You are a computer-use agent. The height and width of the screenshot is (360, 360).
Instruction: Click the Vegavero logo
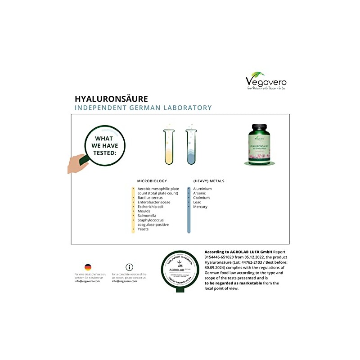click(x=265, y=81)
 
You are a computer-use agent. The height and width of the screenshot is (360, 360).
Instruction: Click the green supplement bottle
click(x=261, y=144)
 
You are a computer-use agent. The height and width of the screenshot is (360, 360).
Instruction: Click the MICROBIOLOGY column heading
click(x=152, y=181)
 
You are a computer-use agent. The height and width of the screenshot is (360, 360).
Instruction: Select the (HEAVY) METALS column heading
click(x=208, y=181)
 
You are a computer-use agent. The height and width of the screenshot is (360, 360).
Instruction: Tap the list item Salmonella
click(x=147, y=216)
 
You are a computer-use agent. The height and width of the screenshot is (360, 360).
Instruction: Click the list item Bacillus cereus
click(x=150, y=198)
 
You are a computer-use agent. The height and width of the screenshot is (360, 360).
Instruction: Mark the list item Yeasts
click(x=143, y=229)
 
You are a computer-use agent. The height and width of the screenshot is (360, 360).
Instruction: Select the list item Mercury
click(x=200, y=207)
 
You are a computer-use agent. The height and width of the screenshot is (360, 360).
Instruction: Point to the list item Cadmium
click(x=201, y=198)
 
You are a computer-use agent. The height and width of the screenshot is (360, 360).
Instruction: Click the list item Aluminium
click(x=202, y=189)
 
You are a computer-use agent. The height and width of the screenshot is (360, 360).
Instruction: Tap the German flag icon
click(x=88, y=267)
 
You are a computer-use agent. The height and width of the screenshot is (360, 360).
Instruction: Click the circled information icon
click(x=130, y=267)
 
